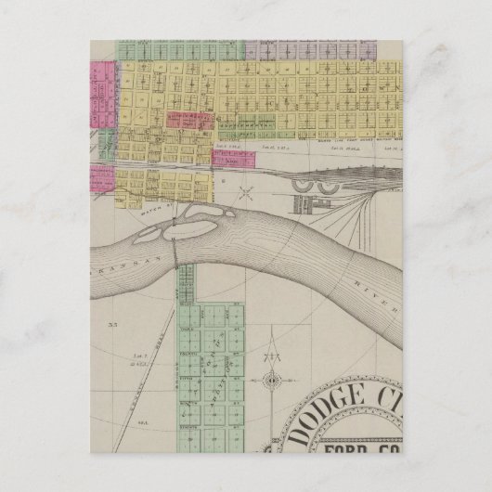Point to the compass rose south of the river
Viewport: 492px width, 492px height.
pyautogui.click(x=271, y=380)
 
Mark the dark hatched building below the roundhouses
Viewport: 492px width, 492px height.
pyautogui.click(x=303, y=204)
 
